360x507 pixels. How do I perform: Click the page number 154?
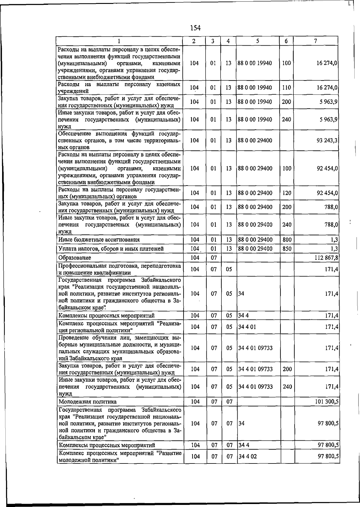click(195, 28)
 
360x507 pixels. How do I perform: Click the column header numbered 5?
click(258, 41)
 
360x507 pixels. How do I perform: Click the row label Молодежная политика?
click(88, 402)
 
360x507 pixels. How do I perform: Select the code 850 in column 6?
click(287, 249)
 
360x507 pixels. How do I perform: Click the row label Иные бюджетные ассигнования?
click(99, 240)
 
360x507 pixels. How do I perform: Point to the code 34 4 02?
click(248, 457)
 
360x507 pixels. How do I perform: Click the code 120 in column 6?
click(287, 193)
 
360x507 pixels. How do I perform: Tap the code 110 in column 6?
click(286, 88)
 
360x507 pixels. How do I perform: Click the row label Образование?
click(75, 258)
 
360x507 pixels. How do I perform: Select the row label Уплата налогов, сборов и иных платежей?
click(111, 249)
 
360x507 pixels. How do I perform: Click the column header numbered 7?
click(316, 41)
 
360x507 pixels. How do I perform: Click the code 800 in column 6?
click(287, 240)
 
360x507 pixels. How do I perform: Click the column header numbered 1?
click(119, 41)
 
